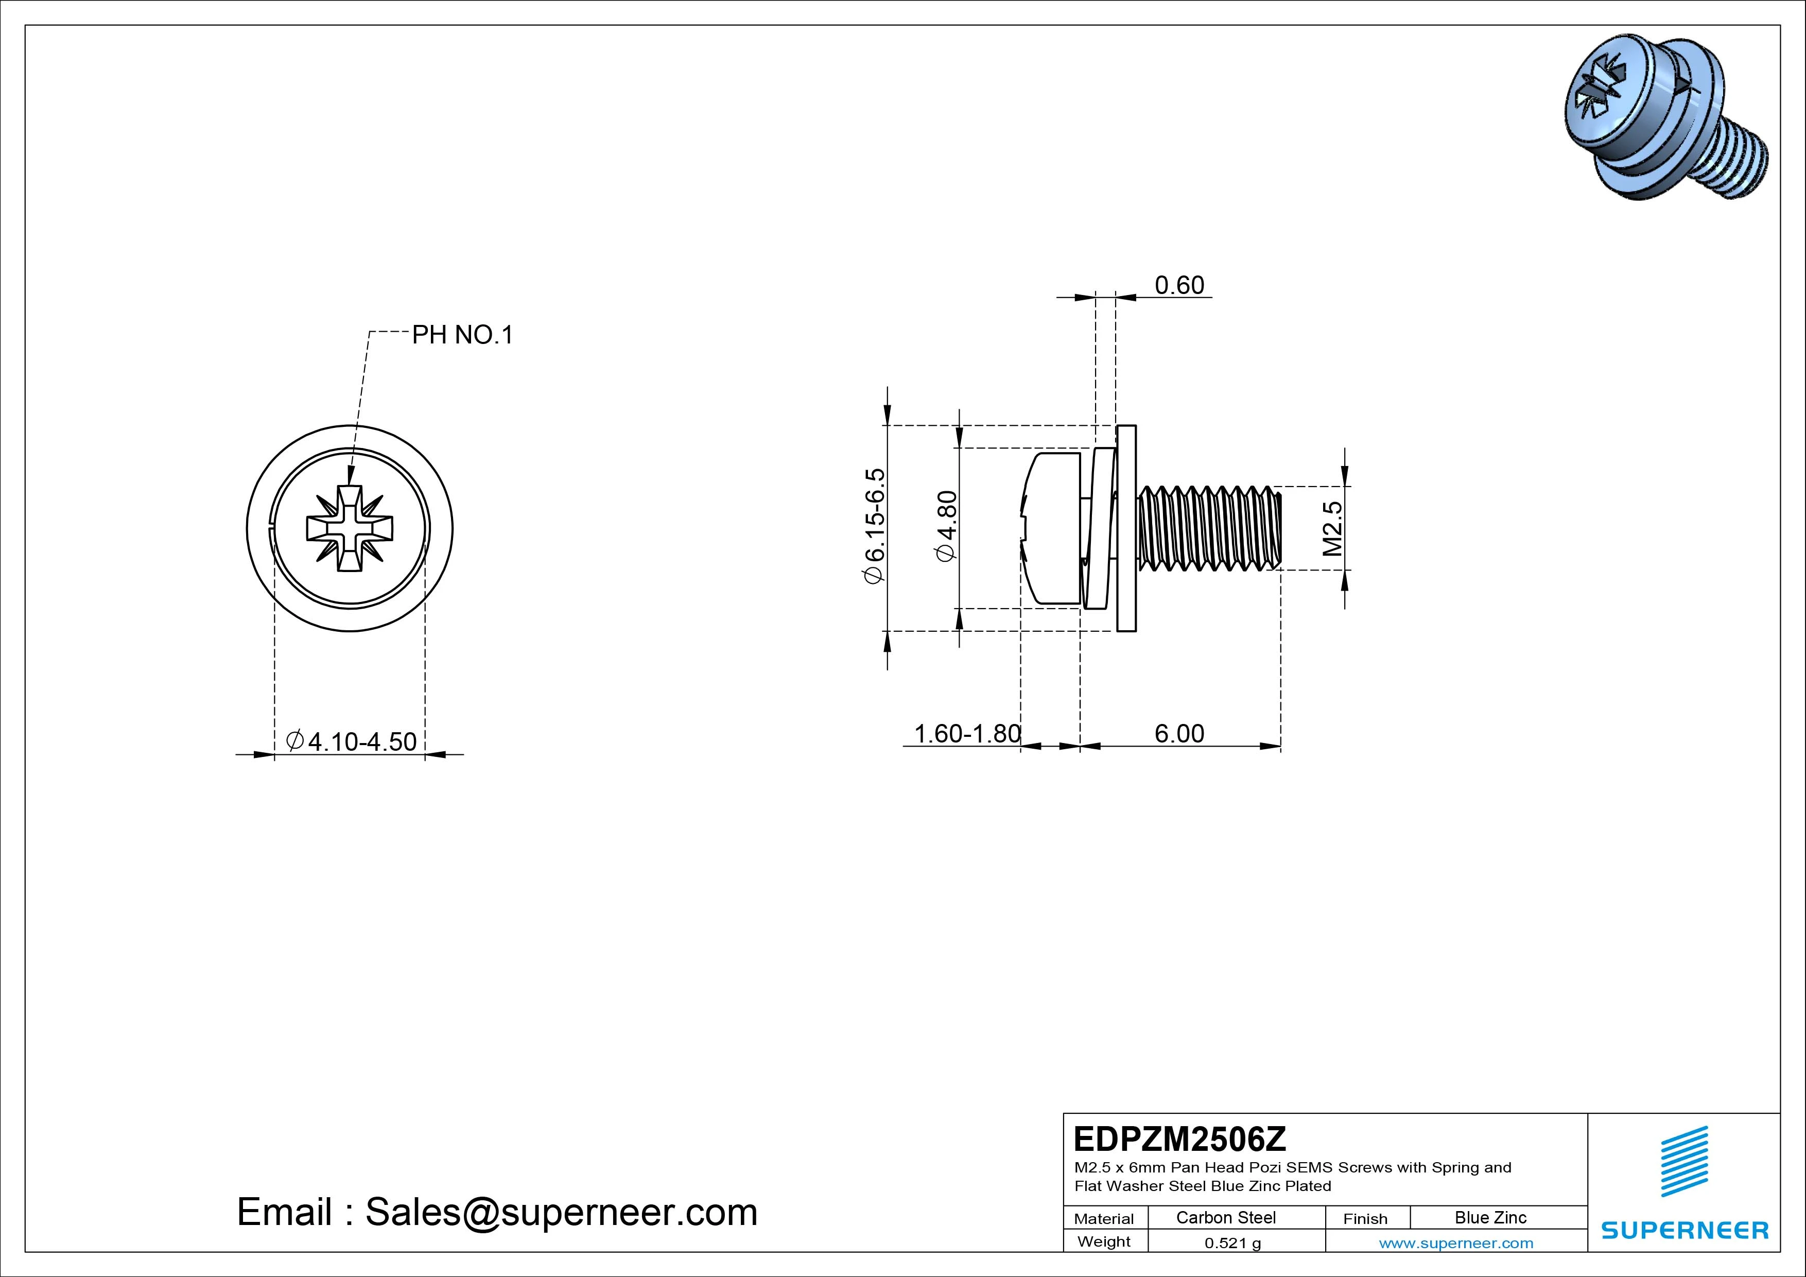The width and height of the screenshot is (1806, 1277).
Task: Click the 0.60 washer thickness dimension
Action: pyautogui.click(x=1178, y=285)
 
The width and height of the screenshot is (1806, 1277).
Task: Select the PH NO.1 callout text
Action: pyautogui.click(x=462, y=335)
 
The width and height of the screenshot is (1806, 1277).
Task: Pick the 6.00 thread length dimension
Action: pyautogui.click(x=1178, y=733)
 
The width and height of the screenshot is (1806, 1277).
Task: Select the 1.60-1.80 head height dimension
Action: pyautogui.click(x=967, y=733)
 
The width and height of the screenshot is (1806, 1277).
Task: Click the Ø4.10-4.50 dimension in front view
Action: pyautogui.click(x=352, y=740)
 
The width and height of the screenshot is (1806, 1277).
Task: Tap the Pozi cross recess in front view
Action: pyautogui.click(x=349, y=528)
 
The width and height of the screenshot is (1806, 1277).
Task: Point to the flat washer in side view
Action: pyautogui.click(x=1126, y=527)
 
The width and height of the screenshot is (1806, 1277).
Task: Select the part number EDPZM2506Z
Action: pyautogui.click(x=1180, y=1138)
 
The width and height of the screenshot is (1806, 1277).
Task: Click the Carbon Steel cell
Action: pyautogui.click(x=1225, y=1217)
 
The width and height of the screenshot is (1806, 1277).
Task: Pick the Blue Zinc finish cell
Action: pyautogui.click(x=1490, y=1217)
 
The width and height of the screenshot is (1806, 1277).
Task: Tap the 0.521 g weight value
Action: pyautogui.click(x=1232, y=1243)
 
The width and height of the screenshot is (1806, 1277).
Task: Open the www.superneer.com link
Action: pyautogui.click(x=1455, y=1243)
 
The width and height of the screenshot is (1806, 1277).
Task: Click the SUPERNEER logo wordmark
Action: pyautogui.click(x=1684, y=1230)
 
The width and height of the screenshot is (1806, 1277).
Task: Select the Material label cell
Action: pyautogui.click(x=1104, y=1219)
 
